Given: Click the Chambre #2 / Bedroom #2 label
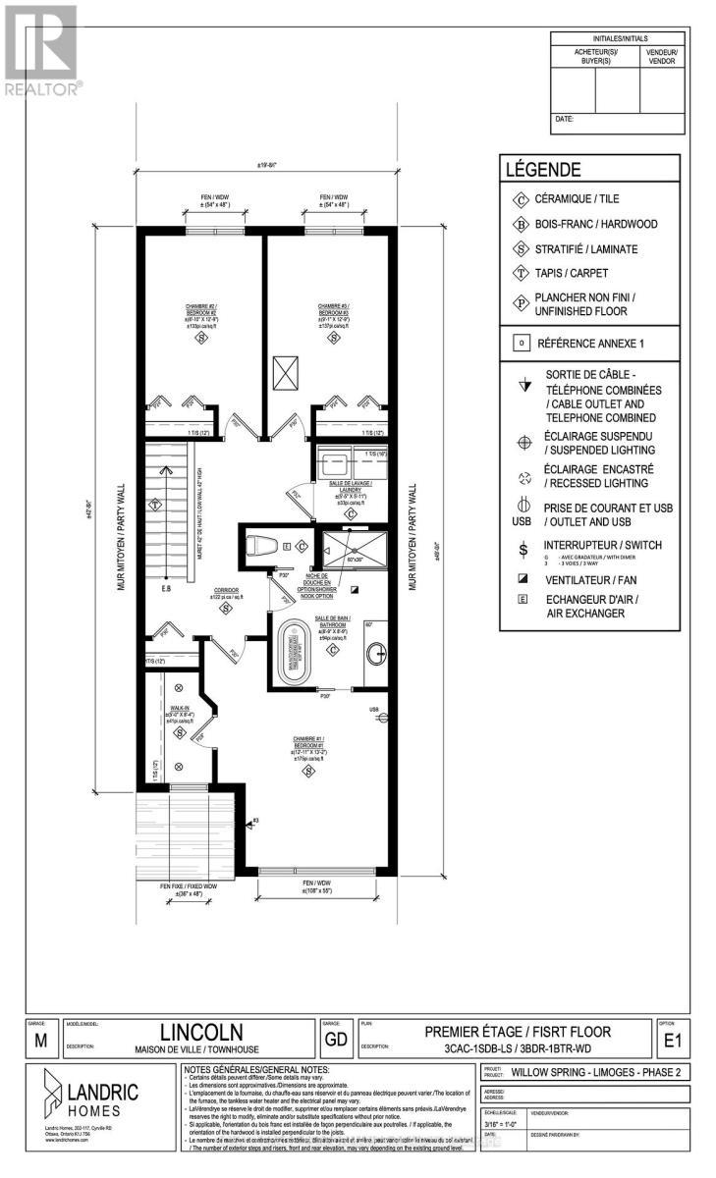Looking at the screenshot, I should click(x=201, y=310).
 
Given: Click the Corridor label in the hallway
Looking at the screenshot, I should click(x=226, y=592).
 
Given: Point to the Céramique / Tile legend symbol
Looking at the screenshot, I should click(x=521, y=199).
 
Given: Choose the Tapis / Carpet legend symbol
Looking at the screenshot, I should click(x=521, y=274).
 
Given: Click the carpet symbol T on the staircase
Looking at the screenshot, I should click(x=155, y=505).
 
